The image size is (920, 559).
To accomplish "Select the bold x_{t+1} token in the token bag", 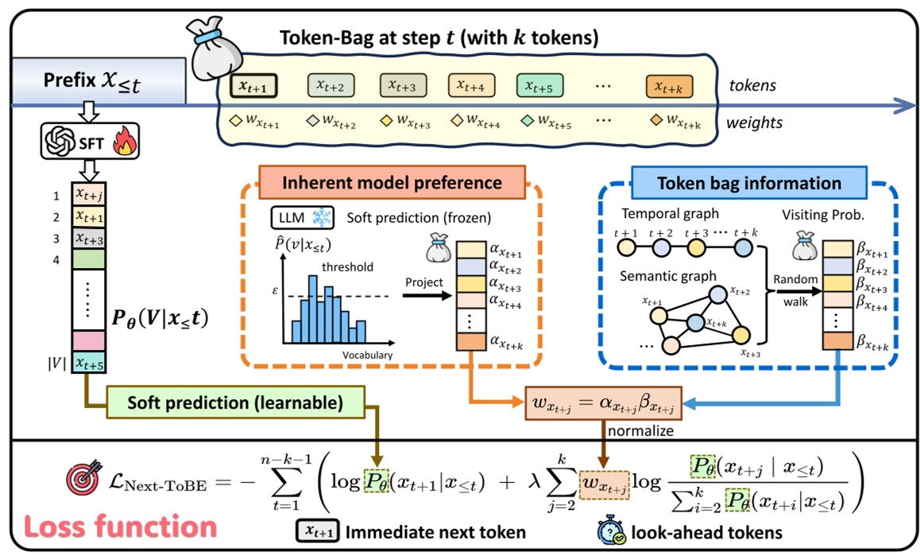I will (x=253, y=85).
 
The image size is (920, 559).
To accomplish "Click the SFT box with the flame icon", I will (x=89, y=142).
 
